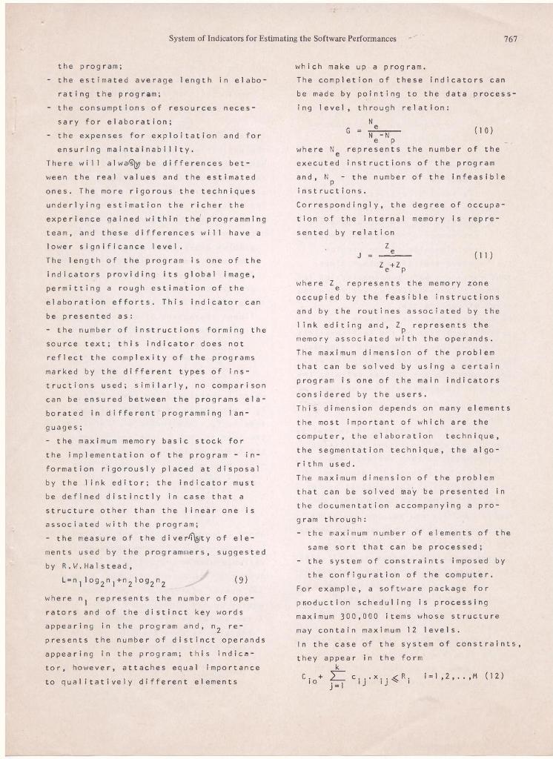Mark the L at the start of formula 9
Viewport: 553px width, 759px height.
[67, 578]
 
